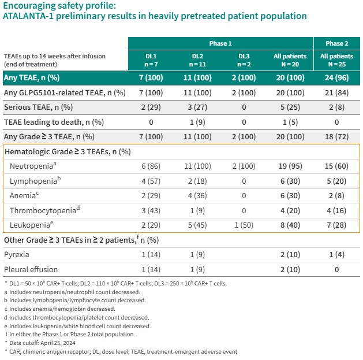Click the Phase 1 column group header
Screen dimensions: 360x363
(x=220, y=44)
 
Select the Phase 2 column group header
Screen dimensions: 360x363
(x=337, y=44)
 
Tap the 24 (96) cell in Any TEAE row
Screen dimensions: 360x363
(x=337, y=77)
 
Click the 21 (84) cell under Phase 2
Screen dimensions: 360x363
(x=337, y=92)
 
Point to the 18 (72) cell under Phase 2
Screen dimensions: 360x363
(x=337, y=136)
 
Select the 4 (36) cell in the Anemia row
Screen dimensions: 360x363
(x=197, y=195)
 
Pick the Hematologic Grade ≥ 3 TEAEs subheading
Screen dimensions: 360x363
(x=68, y=151)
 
